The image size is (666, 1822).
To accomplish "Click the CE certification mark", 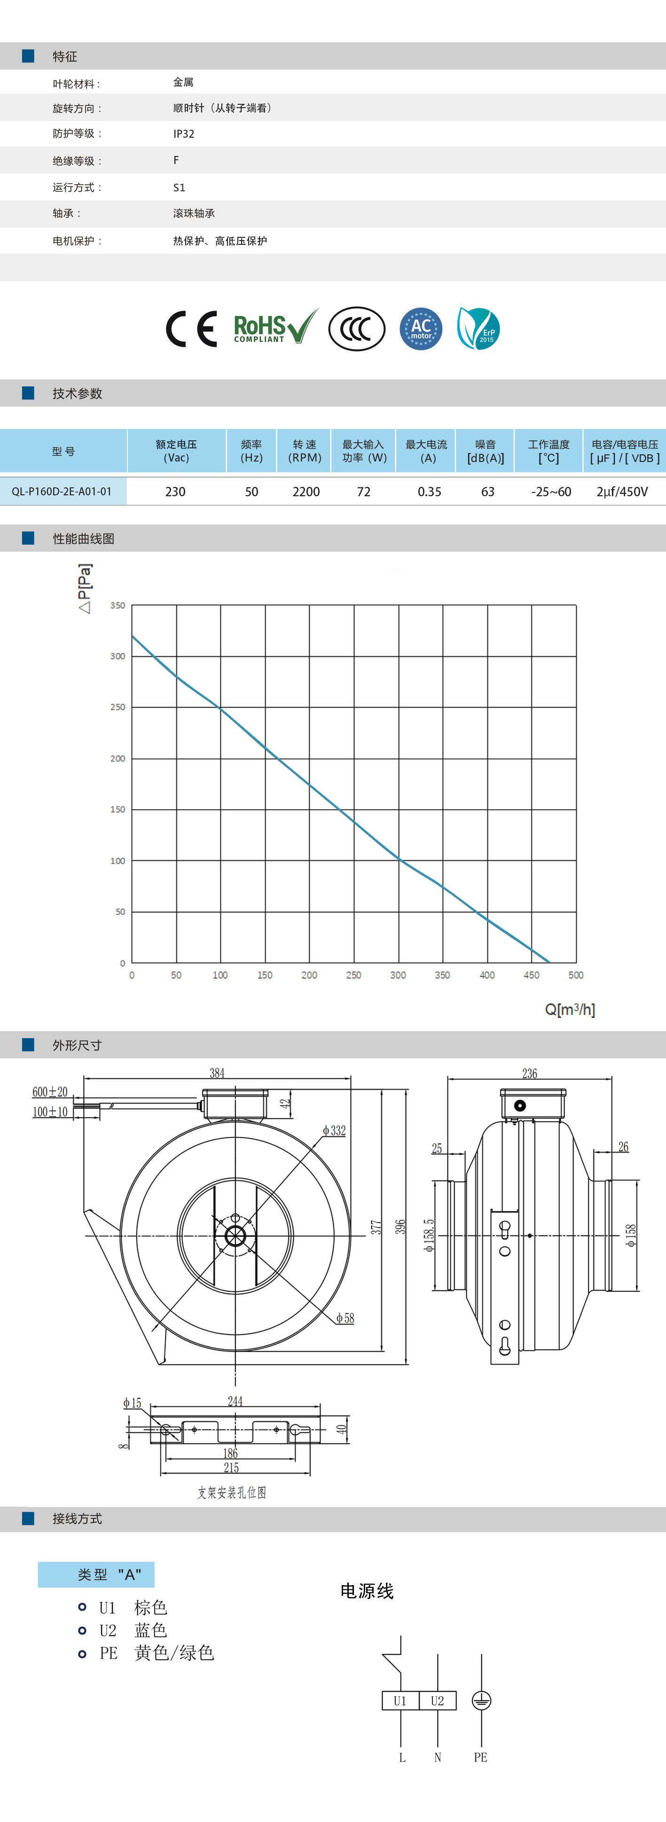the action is coord(191,329).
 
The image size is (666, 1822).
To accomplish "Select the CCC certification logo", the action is coord(357,329).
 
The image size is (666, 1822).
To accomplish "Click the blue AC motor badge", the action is coord(421,329).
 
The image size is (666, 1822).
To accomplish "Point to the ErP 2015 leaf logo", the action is coord(478,329).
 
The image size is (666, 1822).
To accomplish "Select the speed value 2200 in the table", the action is coord(306,492).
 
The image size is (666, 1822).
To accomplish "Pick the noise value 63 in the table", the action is coord(488,492).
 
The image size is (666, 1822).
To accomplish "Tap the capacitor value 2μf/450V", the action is coord(622,492).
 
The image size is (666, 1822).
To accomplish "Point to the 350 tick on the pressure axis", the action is coord(118,605).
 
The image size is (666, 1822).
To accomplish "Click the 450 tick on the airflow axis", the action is coord(532,975).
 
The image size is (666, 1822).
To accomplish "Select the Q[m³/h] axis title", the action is coord(570,1009).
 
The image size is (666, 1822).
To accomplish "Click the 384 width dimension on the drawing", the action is coord(217,1073).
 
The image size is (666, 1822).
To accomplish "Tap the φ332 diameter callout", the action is coord(334,1130).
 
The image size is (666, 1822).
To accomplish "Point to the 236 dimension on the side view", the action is coord(529,1073).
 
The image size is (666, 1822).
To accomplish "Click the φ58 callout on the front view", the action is coord(345,1318).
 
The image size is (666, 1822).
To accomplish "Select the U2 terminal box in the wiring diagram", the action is coord(438,1700).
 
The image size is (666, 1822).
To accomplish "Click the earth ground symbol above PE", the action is coord(481,1700).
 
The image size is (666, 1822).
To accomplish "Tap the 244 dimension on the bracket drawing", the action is coord(235,1401).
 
